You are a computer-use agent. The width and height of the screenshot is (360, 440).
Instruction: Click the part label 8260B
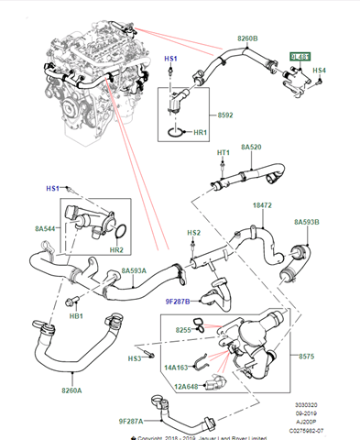(x=247, y=39)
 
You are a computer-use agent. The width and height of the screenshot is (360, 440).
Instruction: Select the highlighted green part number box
(x=300, y=57)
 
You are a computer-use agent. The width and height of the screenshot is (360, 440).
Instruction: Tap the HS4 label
(x=319, y=71)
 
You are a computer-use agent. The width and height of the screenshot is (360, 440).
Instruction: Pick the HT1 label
(x=224, y=152)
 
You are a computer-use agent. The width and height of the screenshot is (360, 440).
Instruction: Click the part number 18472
(x=264, y=207)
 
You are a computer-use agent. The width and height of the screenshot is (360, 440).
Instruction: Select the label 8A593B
(x=308, y=222)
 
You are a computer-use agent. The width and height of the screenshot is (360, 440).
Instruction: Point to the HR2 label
(x=116, y=250)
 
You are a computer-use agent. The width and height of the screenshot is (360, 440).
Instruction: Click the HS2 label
(x=193, y=233)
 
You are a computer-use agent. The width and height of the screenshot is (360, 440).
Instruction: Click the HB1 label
(x=77, y=317)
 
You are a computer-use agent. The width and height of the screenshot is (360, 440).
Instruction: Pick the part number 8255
(x=183, y=329)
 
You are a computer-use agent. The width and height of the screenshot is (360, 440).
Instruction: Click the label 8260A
(x=71, y=390)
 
